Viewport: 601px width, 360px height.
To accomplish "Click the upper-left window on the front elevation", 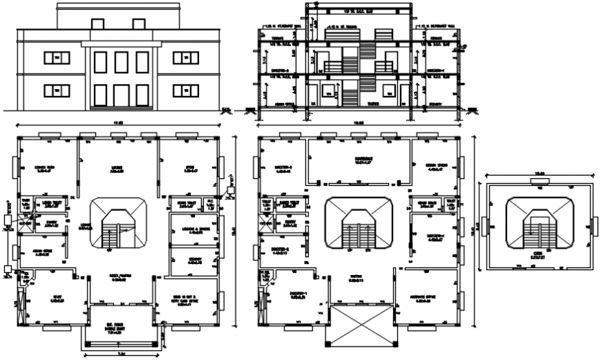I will point(57,58).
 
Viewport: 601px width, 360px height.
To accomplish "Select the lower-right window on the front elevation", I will point(185,91).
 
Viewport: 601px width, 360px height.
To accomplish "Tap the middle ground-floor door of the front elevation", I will point(121,95).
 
